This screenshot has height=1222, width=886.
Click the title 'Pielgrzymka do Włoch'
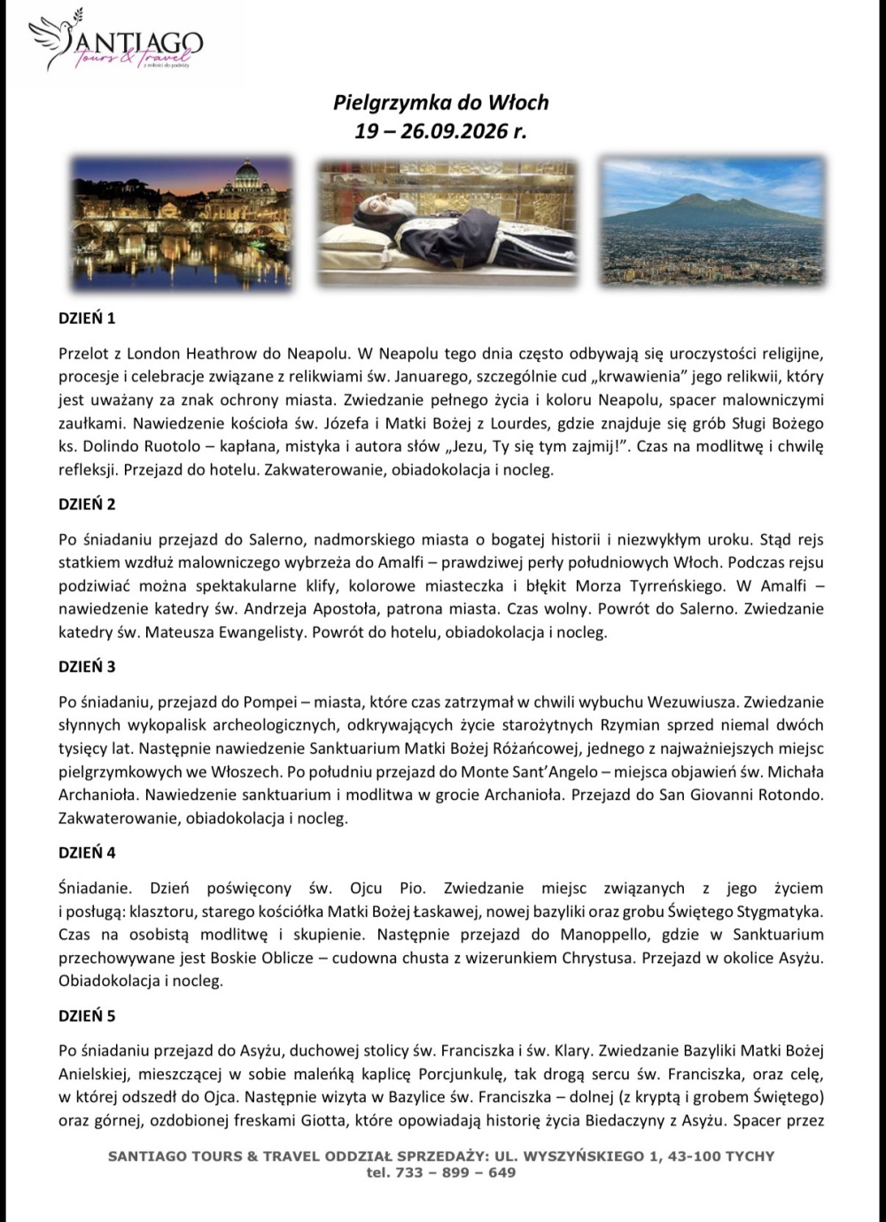click(440, 103)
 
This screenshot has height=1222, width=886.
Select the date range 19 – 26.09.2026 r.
click(440, 132)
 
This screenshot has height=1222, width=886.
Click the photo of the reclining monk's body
click(447, 223)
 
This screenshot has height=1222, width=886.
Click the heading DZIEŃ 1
click(87, 317)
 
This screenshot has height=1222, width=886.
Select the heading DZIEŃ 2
click(87, 505)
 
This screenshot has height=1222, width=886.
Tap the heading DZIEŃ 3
click(87, 667)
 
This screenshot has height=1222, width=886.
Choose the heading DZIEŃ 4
click(87, 853)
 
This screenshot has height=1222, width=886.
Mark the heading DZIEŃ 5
click(87, 1015)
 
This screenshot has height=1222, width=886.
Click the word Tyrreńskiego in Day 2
click(657, 586)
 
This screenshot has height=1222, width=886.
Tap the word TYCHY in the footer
click(748, 1156)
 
